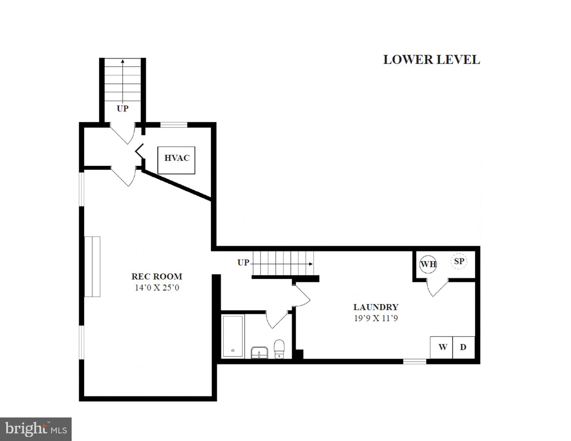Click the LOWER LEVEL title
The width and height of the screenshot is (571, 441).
pyautogui.click(x=431, y=59)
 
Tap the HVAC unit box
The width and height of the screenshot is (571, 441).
pyautogui.click(x=176, y=160)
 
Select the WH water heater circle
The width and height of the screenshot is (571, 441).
pyautogui.click(x=428, y=264)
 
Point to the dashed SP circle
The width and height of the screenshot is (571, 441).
pyautogui.click(x=459, y=261)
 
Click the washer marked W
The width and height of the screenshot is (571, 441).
pyautogui.click(x=442, y=347)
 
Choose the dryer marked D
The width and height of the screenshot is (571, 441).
pyautogui.click(x=463, y=347)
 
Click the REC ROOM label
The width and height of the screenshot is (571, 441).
pyautogui.click(x=156, y=276)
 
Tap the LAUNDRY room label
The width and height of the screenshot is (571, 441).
pyautogui.click(x=375, y=307)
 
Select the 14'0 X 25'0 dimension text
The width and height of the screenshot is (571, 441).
pyautogui.click(x=157, y=287)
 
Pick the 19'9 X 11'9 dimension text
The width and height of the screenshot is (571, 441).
pyautogui.click(x=375, y=318)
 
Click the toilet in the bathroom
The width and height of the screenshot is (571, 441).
pyautogui.click(x=279, y=349)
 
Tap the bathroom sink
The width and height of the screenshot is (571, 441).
pyautogui.click(x=259, y=352)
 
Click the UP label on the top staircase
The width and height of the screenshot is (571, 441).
pyautogui.click(x=123, y=109)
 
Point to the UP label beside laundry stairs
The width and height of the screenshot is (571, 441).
pyautogui.click(x=243, y=263)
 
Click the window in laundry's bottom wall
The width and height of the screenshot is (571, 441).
pyautogui.click(x=415, y=361)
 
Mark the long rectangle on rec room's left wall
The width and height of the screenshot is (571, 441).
pyautogui.click(x=92, y=267)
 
